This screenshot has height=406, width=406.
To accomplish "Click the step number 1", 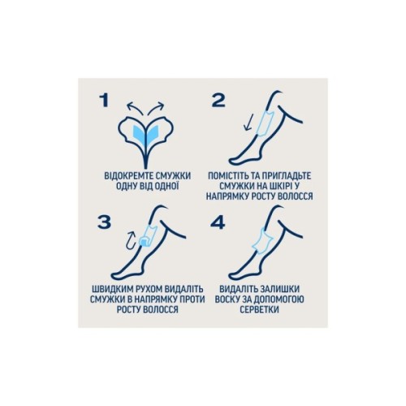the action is [x=104, y=101].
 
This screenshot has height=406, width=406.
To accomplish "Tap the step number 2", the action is [x=218, y=101].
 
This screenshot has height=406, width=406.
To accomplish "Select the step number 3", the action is [x=104, y=222].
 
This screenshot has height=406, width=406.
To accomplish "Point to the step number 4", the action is [x=218, y=222].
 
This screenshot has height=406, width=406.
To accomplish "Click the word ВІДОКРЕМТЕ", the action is [x=127, y=176].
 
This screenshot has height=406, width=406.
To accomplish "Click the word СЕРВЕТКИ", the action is [x=259, y=309].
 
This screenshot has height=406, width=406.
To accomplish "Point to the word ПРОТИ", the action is [x=192, y=300].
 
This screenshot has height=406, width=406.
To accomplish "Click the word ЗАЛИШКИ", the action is [x=280, y=289].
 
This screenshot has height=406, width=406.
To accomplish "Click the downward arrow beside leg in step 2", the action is [x=248, y=122].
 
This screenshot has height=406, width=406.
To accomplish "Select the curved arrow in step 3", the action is [x=132, y=240].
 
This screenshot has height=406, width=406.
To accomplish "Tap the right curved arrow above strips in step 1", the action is [x=157, y=106].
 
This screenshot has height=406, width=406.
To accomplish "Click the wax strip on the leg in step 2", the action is [x=266, y=123].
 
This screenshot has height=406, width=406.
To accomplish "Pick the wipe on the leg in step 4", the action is [x=261, y=241].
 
